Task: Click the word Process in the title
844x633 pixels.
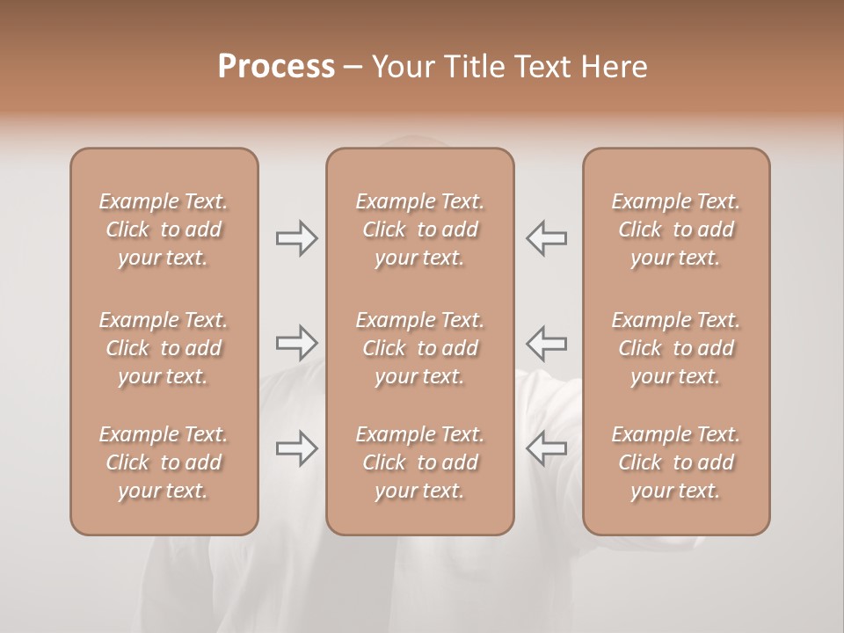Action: coord(276,67)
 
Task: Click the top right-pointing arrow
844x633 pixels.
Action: coord(296,238)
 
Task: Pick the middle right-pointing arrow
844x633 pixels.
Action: coord(296,342)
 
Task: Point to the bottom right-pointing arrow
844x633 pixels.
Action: coord(296,448)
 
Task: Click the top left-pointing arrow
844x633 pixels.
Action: coord(547,238)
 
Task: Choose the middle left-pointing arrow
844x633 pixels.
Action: coord(547,342)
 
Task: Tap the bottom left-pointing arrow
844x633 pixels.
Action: coord(547,448)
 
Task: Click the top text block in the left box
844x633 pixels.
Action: coord(164,229)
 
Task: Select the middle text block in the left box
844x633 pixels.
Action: coord(164,348)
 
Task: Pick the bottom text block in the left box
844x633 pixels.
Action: coord(164,462)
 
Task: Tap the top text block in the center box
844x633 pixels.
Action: coord(419,229)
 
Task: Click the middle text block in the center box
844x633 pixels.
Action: coord(419,348)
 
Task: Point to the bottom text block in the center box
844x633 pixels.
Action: coord(419,462)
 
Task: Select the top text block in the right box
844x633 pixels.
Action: coord(675,229)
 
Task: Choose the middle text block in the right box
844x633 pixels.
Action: coord(675,348)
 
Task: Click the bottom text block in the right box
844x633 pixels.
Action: coord(675,462)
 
